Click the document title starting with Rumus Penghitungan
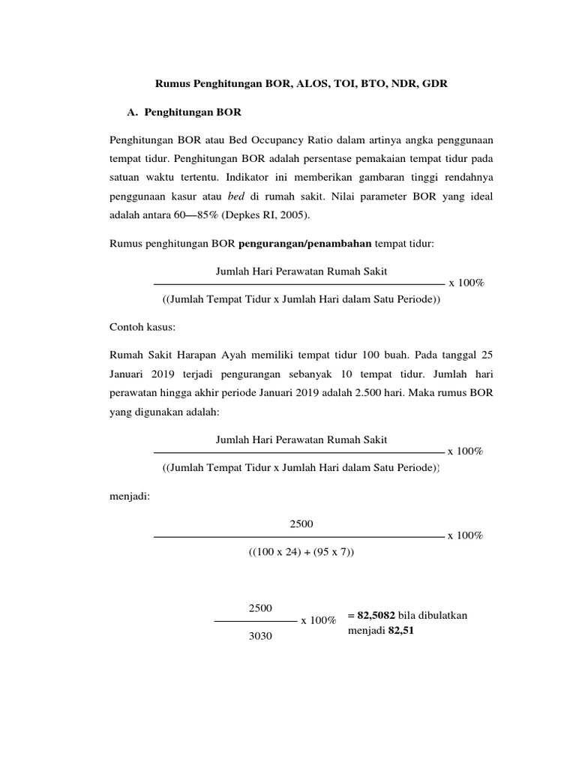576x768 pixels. pos(301,85)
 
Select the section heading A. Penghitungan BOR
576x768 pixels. pos(184,112)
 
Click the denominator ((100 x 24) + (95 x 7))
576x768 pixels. pos(301,551)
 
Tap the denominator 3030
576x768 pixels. pos(259,636)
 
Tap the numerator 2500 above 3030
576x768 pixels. pos(259,607)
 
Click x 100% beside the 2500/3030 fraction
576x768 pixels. pos(318,621)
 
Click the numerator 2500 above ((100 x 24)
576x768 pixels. pos(301,523)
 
